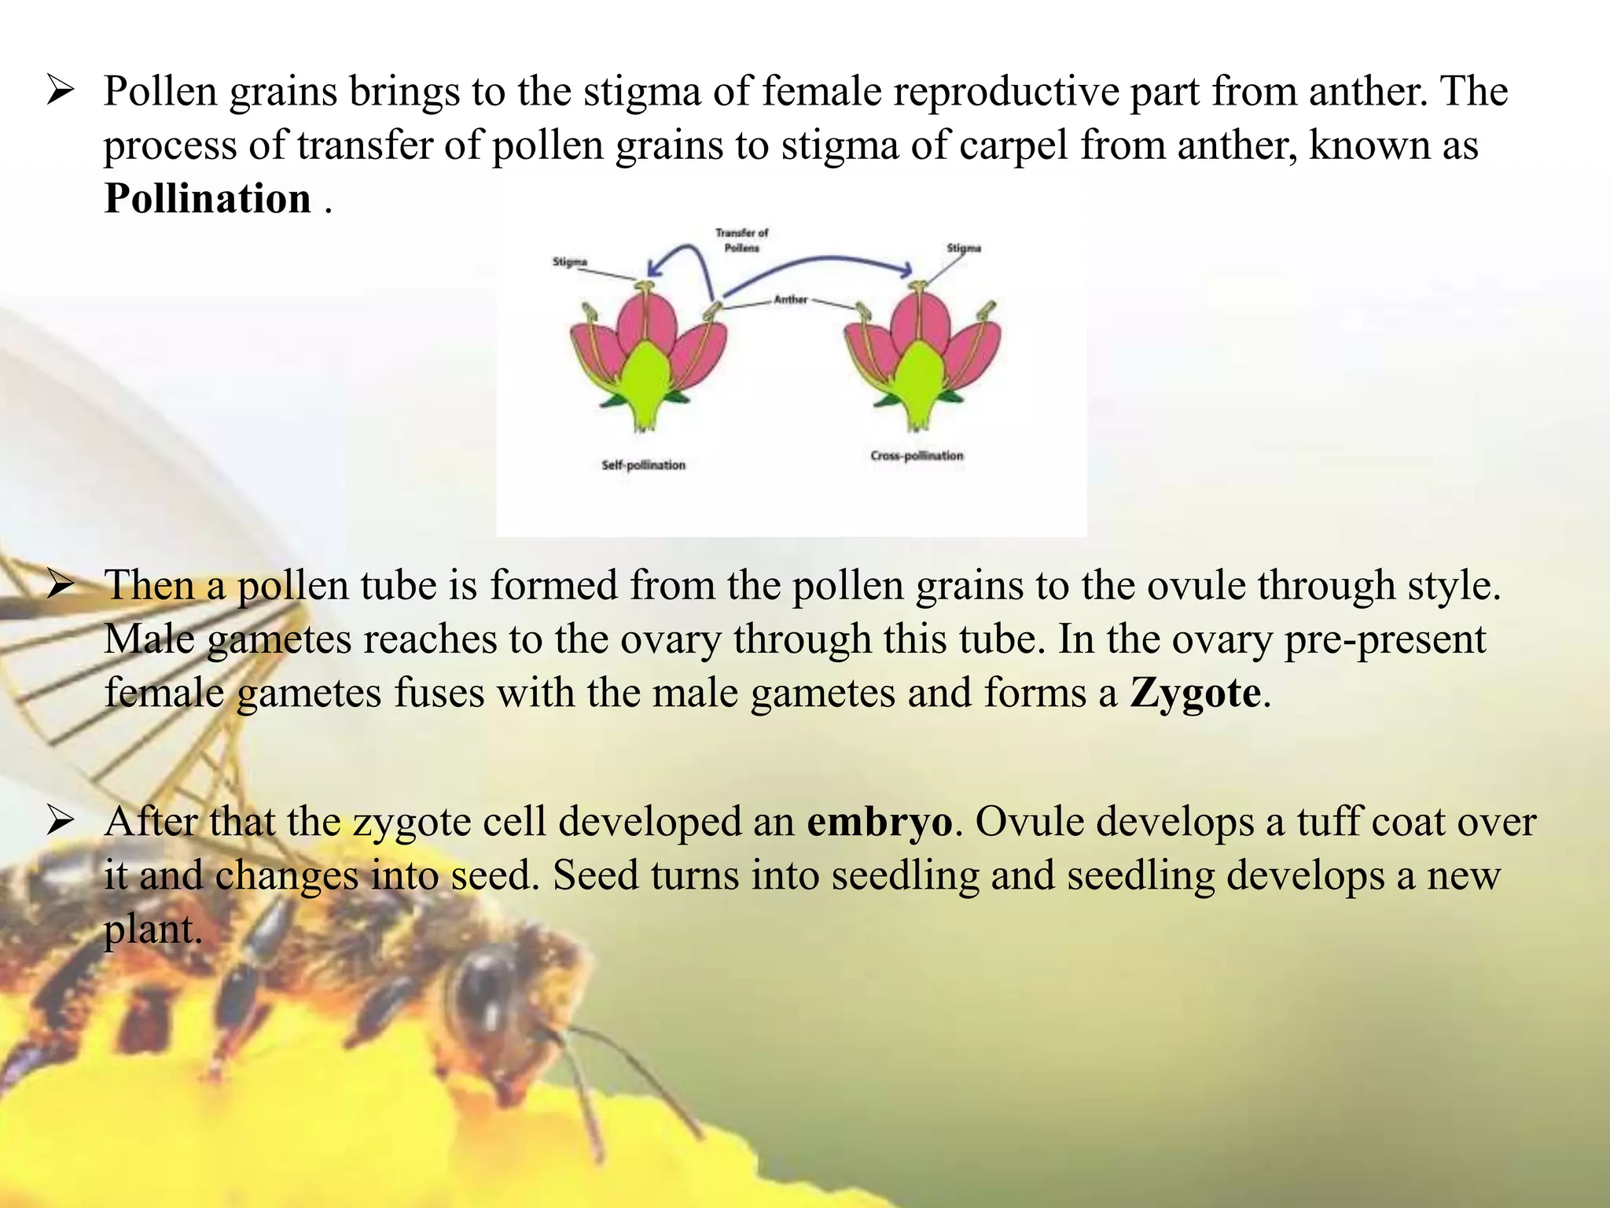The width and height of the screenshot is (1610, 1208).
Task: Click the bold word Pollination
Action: [208, 198]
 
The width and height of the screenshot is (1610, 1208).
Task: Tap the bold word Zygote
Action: [1195, 693]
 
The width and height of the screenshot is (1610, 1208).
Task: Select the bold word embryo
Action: [879, 822]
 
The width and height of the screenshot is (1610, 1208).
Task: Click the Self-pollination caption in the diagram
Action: [643, 465]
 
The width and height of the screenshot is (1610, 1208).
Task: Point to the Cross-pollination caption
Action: [917, 455]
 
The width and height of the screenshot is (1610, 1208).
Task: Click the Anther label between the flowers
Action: [790, 299]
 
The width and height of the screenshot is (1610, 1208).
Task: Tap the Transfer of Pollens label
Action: [741, 240]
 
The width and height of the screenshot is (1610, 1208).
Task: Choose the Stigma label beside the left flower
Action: [569, 261]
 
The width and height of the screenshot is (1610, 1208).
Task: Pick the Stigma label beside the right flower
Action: [964, 248]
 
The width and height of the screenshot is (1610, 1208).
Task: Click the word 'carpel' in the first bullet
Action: [991, 145]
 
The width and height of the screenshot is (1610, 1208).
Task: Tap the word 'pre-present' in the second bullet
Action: [1385, 639]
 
